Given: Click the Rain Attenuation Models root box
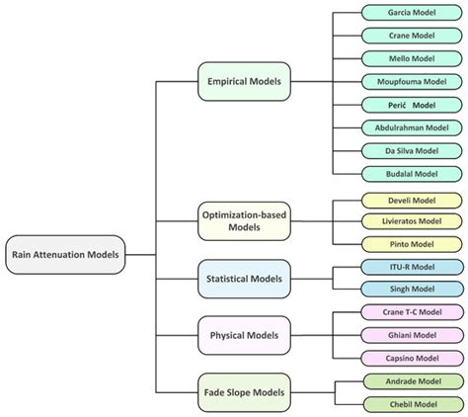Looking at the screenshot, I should (x=66, y=254).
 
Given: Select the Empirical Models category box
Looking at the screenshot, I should (x=244, y=81).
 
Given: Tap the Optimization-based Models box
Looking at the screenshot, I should (x=244, y=222).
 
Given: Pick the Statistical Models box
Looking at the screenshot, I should (x=244, y=280).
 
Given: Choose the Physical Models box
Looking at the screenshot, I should (x=244, y=336).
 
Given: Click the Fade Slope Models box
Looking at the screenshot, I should (x=244, y=392).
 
